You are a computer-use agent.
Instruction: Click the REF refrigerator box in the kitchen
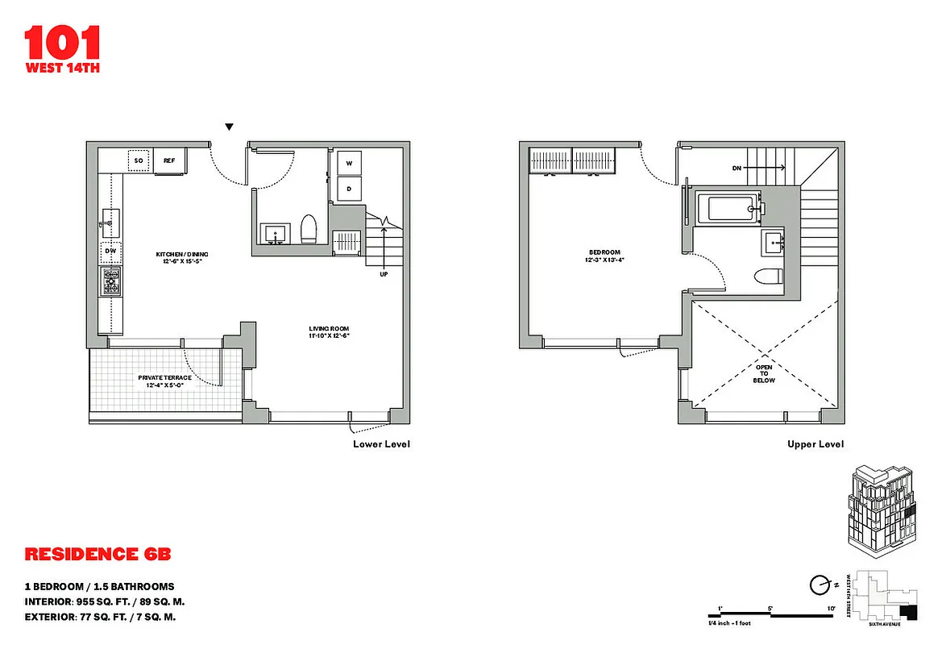tap(170, 161)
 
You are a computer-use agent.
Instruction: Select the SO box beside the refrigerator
tap(139, 161)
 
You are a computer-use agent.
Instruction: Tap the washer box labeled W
tap(350, 163)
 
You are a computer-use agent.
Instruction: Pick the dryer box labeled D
tap(350, 189)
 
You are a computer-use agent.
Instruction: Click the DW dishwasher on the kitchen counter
tap(110, 252)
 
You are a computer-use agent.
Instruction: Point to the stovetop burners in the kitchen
tap(110, 281)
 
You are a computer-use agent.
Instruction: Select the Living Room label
tap(329, 331)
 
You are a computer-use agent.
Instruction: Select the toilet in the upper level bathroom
tap(767, 277)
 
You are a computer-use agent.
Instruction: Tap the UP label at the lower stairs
tap(384, 274)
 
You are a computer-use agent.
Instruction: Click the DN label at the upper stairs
tap(737, 169)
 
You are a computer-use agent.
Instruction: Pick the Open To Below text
tap(764, 373)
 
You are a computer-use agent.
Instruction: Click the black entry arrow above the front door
tap(230, 127)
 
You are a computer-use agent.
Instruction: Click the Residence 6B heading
tap(98, 555)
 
